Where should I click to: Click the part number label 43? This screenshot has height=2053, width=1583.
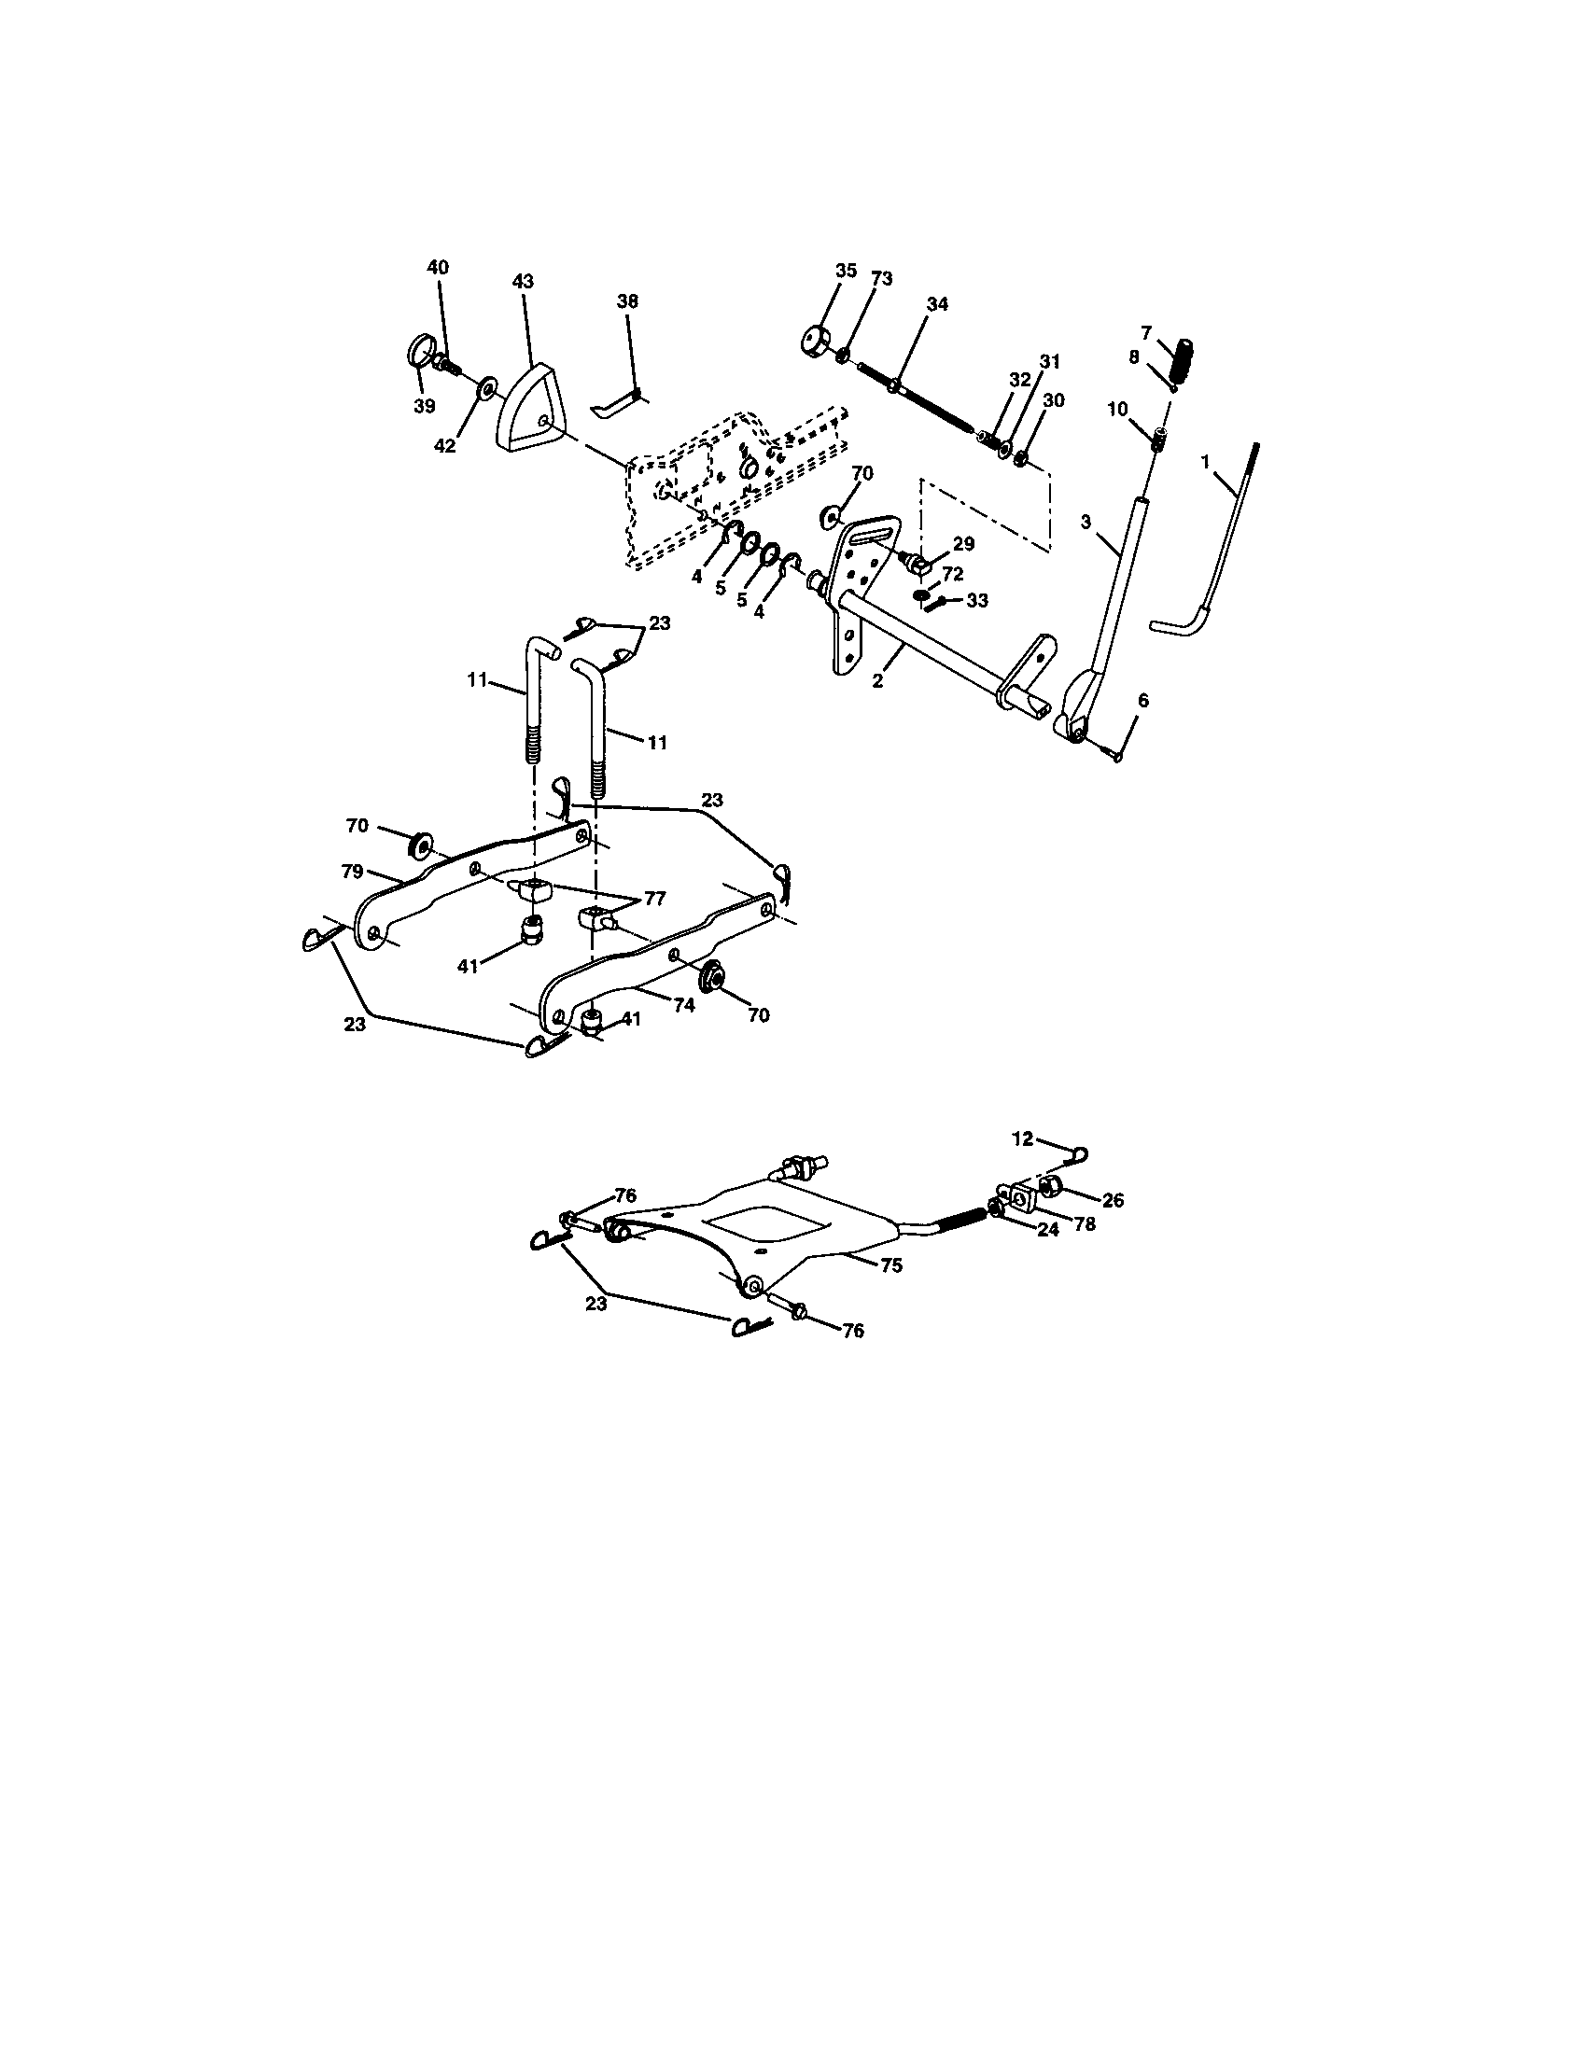[524, 281]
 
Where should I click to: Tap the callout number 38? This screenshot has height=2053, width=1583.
[627, 300]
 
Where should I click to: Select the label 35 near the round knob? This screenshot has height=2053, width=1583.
[846, 271]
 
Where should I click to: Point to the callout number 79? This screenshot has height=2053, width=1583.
[354, 872]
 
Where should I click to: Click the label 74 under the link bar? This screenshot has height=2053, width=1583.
[683, 1005]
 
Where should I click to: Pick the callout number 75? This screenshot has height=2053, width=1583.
[891, 1265]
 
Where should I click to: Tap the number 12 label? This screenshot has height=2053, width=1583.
[1022, 1138]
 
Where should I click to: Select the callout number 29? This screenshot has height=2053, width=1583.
[963, 543]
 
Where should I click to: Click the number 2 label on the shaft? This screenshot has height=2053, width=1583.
[877, 680]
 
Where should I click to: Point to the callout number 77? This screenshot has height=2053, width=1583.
[654, 899]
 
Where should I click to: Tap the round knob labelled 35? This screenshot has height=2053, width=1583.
[812, 340]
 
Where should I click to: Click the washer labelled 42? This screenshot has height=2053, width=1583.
[487, 388]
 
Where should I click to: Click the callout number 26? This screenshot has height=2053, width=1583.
[1113, 1200]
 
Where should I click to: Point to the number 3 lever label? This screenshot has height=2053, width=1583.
[1086, 522]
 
